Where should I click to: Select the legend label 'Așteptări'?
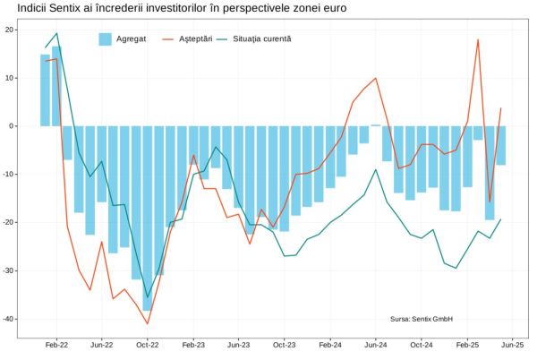pyautogui.click(x=195, y=39)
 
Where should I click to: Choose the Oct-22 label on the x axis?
pyautogui.click(x=147, y=344)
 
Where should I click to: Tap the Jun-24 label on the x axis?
pyautogui.click(x=376, y=344)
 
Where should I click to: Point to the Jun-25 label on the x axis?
pyautogui.click(x=513, y=344)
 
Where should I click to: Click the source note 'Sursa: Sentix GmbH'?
pyautogui.click(x=422, y=319)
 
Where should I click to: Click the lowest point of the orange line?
pyautogui.click(x=147, y=324)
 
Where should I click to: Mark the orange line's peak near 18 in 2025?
pyautogui.click(x=478, y=39)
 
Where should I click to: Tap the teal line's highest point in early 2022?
pyautogui.click(x=56, y=34)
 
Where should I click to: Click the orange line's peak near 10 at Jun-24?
pyautogui.click(x=376, y=78)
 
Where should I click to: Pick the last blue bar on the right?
pyautogui.click(x=501, y=145)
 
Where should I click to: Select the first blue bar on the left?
pyautogui.click(x=45, y=90)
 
